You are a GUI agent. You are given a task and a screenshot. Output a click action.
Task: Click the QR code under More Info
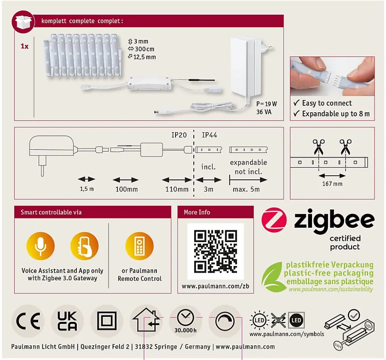pos(215,251)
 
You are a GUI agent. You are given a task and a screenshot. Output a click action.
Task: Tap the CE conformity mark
pos(28,321)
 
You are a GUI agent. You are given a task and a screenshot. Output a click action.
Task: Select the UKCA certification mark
pos(67,321)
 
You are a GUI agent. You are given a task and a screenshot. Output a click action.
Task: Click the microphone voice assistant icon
pos(41,246)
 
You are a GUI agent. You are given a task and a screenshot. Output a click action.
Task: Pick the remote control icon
pos(139,246)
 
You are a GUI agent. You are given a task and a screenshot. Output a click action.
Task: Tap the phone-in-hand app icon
pos(84,246)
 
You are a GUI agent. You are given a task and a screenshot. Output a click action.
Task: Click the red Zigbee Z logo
pos(274,220)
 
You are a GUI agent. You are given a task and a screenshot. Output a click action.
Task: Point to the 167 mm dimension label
pos(332,184)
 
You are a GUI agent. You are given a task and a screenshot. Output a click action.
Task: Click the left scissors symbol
pos(318,147)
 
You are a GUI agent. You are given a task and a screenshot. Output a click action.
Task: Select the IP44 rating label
pos(209,135)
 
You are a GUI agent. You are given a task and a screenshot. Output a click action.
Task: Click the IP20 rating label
pos(179,135)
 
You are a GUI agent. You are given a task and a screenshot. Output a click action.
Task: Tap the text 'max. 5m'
pos(246,189)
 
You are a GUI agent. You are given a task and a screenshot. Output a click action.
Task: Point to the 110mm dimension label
pos(177,189)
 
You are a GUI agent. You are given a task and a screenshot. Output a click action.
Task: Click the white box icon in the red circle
pos(23,22)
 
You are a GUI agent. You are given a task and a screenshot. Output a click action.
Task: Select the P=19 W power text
pos(267,104)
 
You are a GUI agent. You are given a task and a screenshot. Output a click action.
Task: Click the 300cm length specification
pos(141,49)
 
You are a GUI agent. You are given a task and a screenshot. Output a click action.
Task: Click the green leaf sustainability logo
pos(273,277)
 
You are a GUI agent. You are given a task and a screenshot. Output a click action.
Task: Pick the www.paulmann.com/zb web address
pos(215,286)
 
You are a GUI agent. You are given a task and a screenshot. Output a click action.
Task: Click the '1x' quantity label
pos(24,46)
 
